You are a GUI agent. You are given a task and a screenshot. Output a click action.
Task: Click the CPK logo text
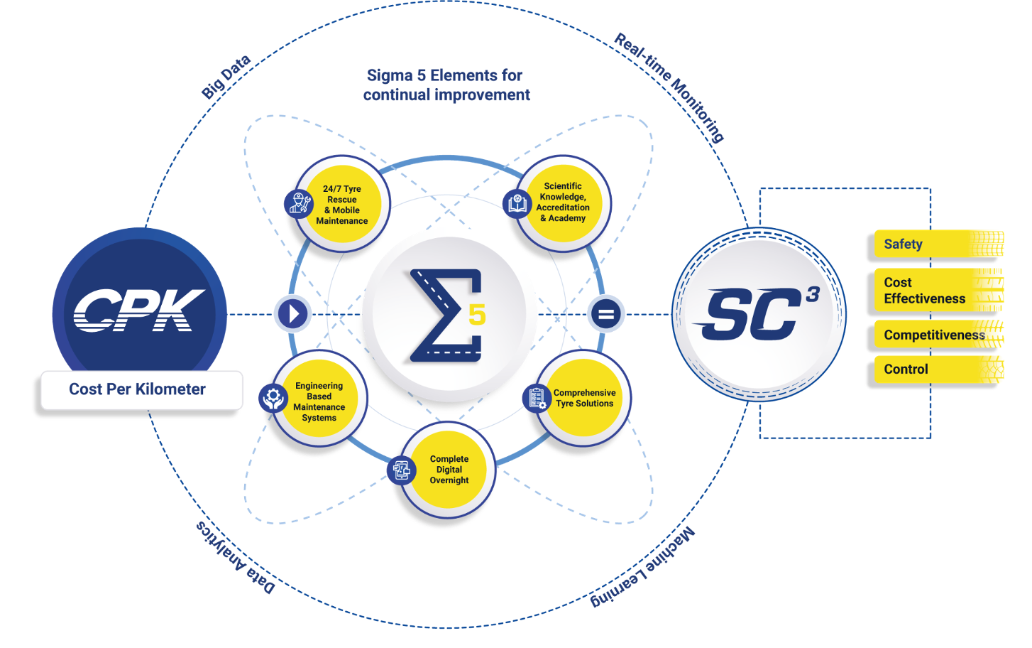(x=139, y=310)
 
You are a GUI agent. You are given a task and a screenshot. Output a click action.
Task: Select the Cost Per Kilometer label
(x=137, y=389)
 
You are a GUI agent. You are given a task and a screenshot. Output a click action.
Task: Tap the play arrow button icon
(x=292, y=313)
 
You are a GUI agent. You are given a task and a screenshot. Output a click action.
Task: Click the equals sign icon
(x=605, y=314)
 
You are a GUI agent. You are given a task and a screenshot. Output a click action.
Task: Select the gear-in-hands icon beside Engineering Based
(x=273, y=399)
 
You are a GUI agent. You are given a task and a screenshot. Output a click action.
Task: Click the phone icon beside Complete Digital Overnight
(x=402, y=470)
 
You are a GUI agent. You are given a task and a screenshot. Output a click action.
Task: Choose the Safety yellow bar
(x=930, y=244)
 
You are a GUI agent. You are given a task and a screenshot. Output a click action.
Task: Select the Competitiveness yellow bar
(x=930, y=335)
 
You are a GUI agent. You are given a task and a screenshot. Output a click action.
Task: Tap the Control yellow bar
(x=930, y=369)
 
